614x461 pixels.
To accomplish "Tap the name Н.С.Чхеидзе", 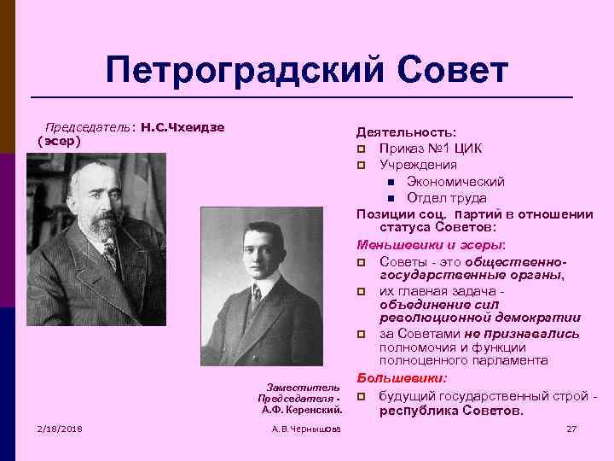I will coord(183,127).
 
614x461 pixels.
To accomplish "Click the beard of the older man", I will coord(101,226).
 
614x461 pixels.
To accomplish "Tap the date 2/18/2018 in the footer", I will coord(59,427).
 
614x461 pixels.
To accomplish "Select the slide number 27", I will coord(571,427).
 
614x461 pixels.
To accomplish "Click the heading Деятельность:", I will coord(407,132).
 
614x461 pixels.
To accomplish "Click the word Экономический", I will coord(455,182).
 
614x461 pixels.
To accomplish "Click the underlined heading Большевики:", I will coord(401,378).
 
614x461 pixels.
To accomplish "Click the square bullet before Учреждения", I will coord(362,166).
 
